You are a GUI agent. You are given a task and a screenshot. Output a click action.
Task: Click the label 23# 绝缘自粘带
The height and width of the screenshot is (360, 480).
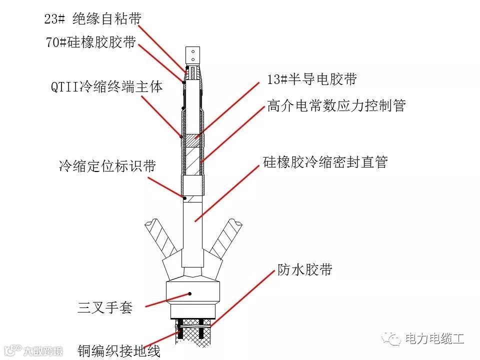point(93,19)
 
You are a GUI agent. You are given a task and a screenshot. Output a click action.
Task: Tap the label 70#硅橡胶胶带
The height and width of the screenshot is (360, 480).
point(91,42)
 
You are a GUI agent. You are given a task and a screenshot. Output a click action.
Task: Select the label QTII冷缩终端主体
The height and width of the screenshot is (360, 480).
point(106,87)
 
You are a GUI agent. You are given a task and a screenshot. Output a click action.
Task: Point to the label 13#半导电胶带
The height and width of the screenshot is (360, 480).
point(312,79)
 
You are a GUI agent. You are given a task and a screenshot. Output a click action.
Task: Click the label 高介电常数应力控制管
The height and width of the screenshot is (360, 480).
point(336,105)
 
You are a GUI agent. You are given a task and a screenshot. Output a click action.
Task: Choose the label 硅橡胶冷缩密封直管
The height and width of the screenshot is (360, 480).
point(325,162)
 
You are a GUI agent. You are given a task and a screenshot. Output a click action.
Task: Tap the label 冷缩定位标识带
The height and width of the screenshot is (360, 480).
point(107,166)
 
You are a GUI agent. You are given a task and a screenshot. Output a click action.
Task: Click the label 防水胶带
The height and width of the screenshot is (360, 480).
point(305,269)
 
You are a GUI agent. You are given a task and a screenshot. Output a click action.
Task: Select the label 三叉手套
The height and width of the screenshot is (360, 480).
point(105,307)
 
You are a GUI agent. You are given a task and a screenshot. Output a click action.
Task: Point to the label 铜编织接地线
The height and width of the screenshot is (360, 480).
point(119,351)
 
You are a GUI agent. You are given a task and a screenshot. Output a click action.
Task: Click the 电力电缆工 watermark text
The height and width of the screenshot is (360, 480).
point(434,338)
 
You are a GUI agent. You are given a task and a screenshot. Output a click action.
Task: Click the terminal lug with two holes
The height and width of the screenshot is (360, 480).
point(193,55)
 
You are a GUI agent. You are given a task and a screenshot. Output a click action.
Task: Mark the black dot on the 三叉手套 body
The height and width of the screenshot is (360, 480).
point(190,294)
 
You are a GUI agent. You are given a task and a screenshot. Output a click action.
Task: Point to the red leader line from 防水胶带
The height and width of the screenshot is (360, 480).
point(243,299)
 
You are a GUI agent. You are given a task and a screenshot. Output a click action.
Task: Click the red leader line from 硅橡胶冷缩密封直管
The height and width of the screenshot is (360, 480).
point(227,193)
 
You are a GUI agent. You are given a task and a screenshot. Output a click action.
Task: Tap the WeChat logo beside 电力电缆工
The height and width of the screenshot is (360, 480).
point(391,338)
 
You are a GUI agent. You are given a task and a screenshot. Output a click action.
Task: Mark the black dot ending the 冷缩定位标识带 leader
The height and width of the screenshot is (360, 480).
point(185,198)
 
